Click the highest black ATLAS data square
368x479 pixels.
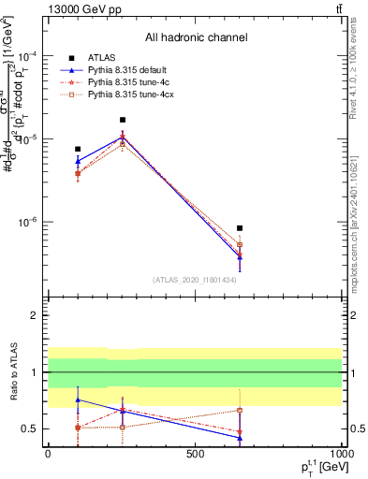click(123, 120)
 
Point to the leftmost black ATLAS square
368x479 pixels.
click(78, 149)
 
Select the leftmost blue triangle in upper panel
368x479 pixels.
click(78, 161)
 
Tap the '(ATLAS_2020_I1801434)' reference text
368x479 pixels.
click(195, 280)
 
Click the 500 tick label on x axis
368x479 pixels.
click(195, 455)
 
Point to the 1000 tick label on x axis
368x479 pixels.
click(342, 455)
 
